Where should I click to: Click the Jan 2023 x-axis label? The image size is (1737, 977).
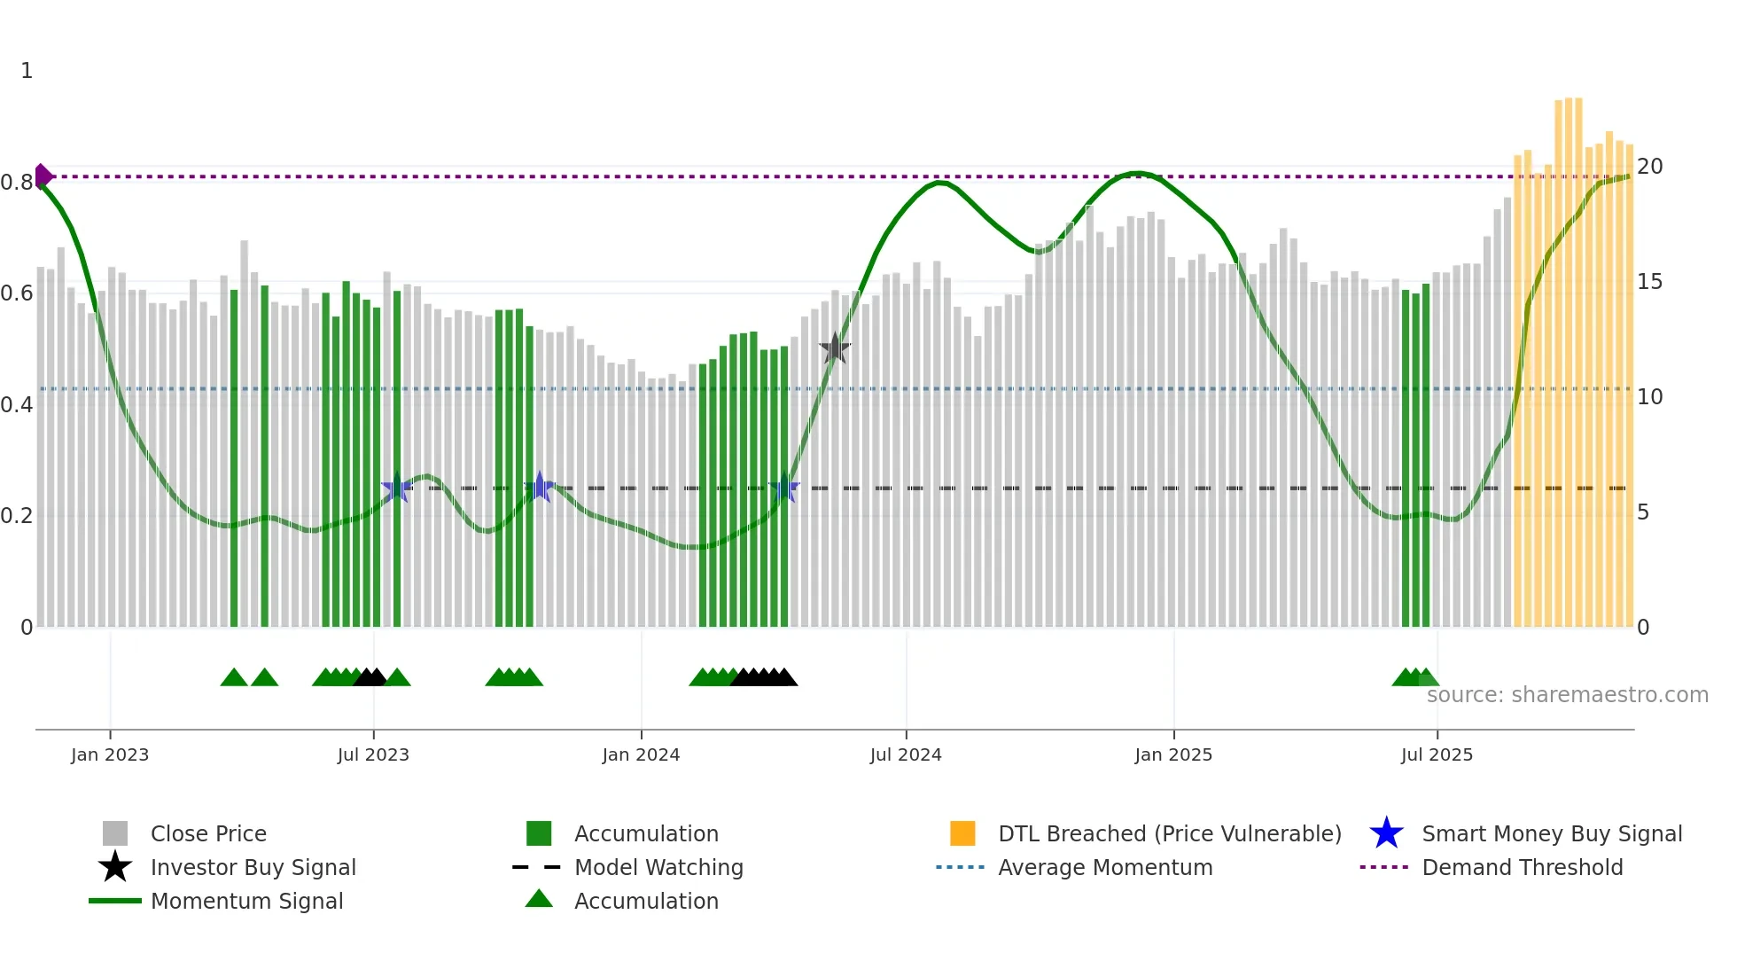coord(110,754)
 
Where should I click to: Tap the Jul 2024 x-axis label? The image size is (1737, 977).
coord(906,754)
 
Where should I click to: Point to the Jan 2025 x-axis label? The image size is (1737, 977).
coord(1173,754)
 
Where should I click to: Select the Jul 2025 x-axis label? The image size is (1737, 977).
coord(1437,754)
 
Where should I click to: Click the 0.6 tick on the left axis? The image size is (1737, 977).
coord(18,293)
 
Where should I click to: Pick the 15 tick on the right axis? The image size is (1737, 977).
coord(1649,282)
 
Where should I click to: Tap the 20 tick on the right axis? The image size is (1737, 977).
coord(1649,167)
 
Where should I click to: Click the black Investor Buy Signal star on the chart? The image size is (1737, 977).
coord(834,349)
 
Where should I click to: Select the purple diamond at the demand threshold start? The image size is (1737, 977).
coord(42,176)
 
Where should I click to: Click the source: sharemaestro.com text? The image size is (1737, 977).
coord(1567,695)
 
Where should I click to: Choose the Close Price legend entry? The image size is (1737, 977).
coord(208,834)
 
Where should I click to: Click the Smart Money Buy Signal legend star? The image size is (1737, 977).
coord(1386,834)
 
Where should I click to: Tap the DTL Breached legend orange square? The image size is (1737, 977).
coord(962,834)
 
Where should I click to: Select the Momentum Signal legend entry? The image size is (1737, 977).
coord(246,902)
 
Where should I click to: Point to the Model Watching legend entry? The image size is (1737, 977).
coord(658,868)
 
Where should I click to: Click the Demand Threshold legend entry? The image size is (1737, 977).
coord(1522,868)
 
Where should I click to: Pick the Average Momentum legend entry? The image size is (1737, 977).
coord(1104,868)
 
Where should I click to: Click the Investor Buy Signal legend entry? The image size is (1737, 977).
coord(253,868)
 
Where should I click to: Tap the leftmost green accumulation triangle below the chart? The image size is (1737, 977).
coord(234,678)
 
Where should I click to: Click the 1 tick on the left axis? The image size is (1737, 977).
coord(27,71)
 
